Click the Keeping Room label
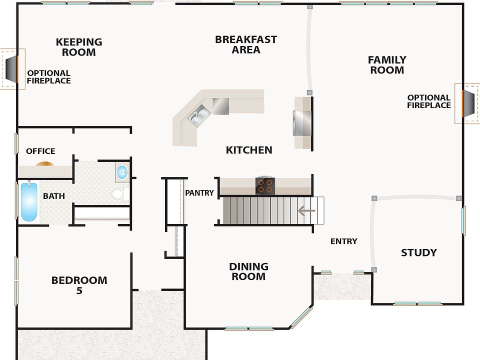[79, 47]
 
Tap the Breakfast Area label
[246, 44]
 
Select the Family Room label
[387, 64]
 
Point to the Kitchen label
[249, 150]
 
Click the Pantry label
[199, 193]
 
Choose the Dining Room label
[248, 271]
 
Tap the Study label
[419, 252]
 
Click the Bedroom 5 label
[79, 285]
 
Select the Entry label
[344, 241]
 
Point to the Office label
[40, 151]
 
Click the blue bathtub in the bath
[29, 201]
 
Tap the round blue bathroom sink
[123, 172]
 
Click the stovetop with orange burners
[265, 186]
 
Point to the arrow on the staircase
[306, 210]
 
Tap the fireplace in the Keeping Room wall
[12, 68]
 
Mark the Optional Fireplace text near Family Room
[429, 101]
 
